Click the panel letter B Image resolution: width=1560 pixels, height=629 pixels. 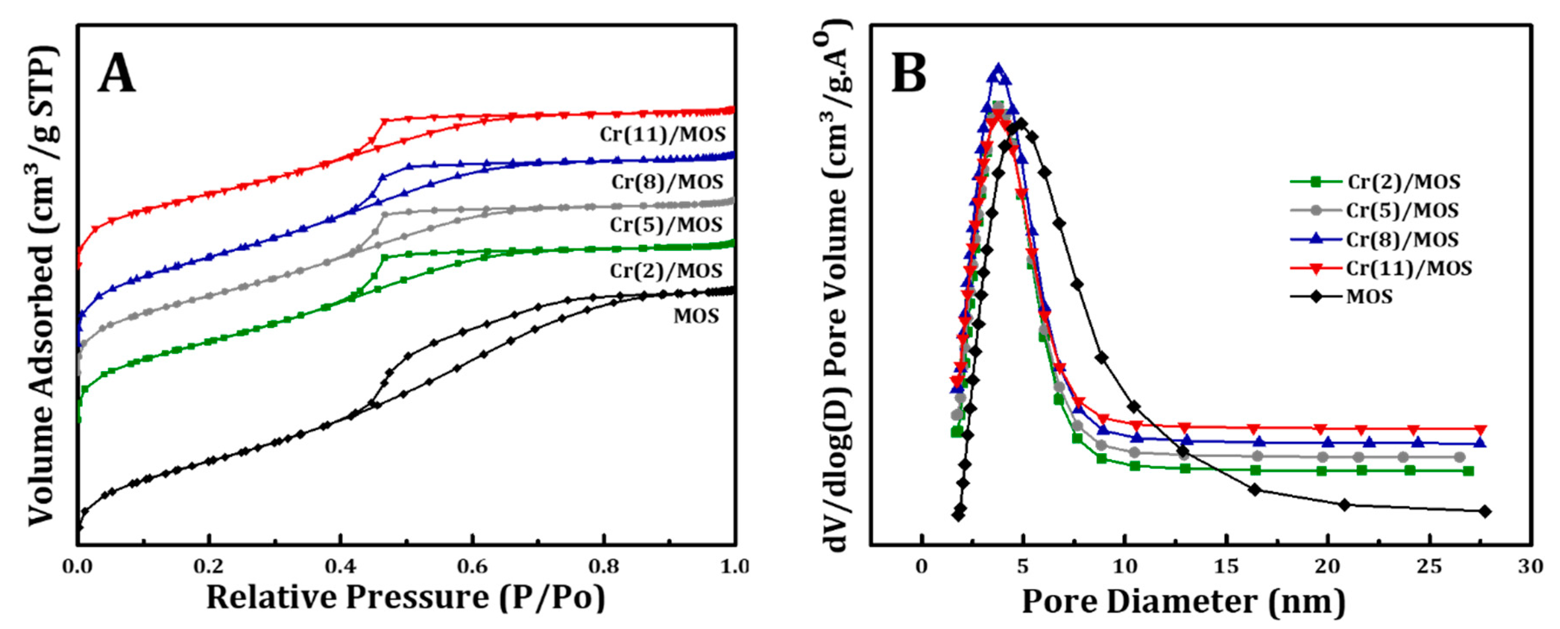point(908,73)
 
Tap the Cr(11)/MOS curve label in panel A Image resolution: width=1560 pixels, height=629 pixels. point(663,134)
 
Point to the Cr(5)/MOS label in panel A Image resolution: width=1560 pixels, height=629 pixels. point(666,225)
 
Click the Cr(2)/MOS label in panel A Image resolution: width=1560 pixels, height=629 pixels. point(666,270)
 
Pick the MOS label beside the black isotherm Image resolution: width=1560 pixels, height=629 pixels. point(696,316)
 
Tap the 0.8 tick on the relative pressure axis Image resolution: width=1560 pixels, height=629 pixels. point(604,567)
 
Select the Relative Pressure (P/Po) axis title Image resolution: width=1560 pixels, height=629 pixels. point(405,597)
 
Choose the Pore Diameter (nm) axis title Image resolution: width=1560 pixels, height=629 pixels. point(1183,602)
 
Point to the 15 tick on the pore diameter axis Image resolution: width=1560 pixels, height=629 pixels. point(1226,567)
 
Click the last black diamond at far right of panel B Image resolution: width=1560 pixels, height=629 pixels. point(1484,511)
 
